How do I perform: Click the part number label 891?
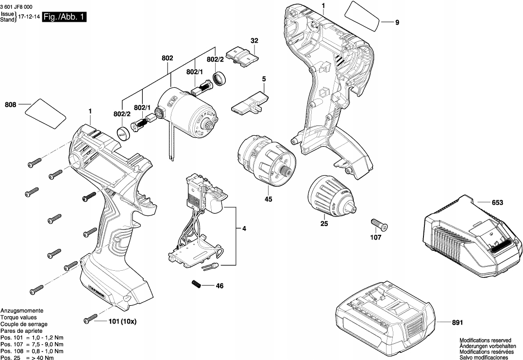pos(457,323)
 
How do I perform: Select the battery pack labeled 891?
pos(385,319)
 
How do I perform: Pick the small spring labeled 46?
pos(197,284)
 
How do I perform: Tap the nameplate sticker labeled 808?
pos(45,114)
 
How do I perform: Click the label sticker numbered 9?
pos(362,16)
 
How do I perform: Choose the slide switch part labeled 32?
pos(242,57)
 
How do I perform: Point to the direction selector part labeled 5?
pos(250,103)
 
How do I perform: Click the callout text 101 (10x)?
pos(123,322)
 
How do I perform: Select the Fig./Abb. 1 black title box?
pos(64,16)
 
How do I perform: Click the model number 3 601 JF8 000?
pos(17,6)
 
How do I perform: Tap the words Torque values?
pos(18,318)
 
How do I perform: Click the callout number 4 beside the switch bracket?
pos(244,229)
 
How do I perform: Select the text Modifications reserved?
pos(485,340)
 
